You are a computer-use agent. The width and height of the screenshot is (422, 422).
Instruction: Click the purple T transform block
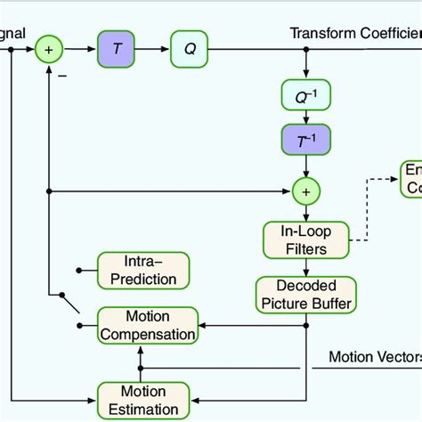click(115, 50)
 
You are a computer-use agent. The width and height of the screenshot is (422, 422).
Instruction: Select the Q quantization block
click(189, 50)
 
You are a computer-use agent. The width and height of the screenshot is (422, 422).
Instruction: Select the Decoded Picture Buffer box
click(306, 295)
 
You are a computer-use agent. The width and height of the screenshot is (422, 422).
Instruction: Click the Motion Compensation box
click(147, 325)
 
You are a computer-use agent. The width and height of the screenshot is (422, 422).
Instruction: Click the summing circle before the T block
click(49, 50)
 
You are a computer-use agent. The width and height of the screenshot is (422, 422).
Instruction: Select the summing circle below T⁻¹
click(306, 190)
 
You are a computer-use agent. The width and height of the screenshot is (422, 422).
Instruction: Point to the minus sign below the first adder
click(62, 77)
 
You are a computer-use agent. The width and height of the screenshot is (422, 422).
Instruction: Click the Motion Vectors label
click(374, 357)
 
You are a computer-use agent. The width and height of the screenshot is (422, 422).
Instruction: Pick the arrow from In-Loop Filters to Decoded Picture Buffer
click(306, 268)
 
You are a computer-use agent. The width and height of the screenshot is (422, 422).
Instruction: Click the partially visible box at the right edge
click(410, 178)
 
